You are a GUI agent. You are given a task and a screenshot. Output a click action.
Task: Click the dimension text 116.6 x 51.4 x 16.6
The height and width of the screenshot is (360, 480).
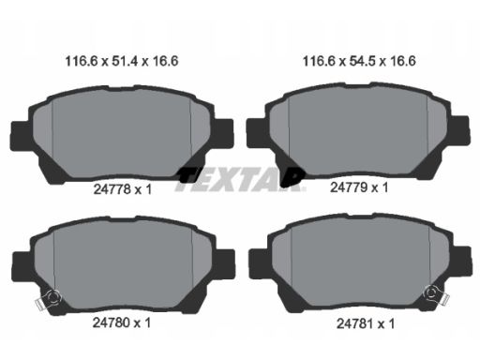pos(122,61)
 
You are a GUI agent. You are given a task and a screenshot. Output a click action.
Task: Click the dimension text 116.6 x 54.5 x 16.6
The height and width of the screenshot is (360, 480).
pos(359,61)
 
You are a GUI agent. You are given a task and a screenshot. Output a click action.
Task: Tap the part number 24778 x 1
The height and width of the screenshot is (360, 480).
pos(123,189)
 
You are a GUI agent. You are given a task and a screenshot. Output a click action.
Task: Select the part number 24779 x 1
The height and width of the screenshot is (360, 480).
pos(359,187)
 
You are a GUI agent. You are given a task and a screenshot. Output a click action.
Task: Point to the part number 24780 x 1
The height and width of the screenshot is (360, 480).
pos(122,322)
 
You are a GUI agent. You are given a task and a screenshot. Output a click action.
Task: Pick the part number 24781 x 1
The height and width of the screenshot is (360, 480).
pos(366,323)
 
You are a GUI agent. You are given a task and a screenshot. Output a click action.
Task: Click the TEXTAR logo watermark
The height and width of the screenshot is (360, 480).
pos(240,179)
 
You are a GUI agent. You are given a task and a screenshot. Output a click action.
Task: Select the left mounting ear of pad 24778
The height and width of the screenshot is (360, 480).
pos(21,133)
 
